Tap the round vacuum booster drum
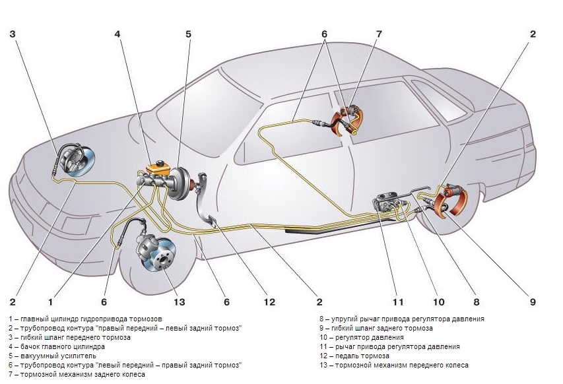[x=180, y=185]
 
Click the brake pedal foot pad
[x=211, y=221]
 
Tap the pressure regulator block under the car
[x=389, y=202]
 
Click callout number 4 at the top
[x=117, y=34]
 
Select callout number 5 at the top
[x=188, y=34]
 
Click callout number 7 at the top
[x=378, y=34]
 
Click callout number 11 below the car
[x=397, y=302]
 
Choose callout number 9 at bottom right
[x=532, y=302]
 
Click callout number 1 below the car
[x=50, y=302]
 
